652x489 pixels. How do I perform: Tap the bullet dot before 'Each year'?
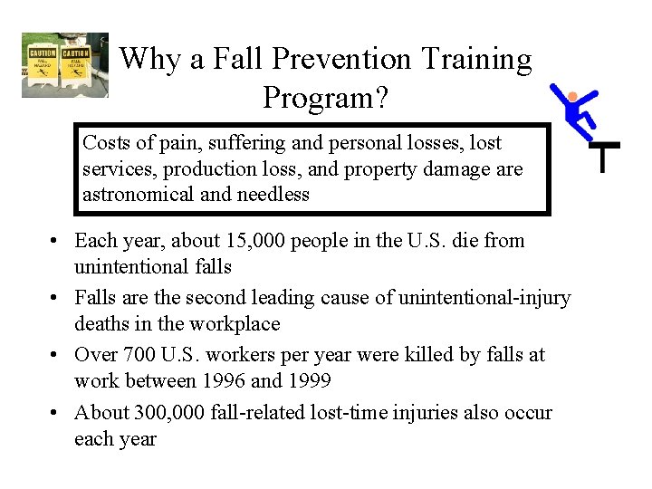[x=56, y=242]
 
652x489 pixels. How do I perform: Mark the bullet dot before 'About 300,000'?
[x=56, y=413]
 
